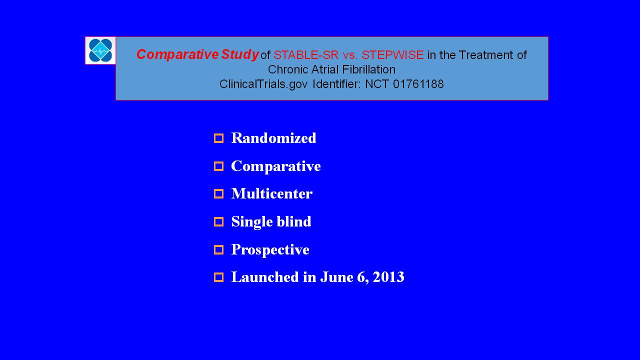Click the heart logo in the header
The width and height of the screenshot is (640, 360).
100,50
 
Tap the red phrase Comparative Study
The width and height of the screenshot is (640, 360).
197,54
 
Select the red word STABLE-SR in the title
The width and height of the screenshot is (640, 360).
306,55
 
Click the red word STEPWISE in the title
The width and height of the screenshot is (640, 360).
392,55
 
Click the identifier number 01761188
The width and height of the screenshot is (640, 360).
418,84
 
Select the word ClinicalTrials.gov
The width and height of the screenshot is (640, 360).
263,84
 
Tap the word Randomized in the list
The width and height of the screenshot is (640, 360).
273,138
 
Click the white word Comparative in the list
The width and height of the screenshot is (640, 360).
275,166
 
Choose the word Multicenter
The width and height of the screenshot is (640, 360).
271,193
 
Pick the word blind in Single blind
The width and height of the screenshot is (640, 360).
294,221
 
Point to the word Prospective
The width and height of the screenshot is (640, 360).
270,249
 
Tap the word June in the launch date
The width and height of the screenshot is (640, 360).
336,277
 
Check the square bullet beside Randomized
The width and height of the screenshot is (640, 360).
219,138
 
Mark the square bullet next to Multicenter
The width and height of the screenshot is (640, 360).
219,194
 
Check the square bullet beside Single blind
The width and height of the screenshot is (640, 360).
219,221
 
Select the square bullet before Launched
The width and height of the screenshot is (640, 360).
219,277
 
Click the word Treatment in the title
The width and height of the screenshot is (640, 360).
486,55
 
